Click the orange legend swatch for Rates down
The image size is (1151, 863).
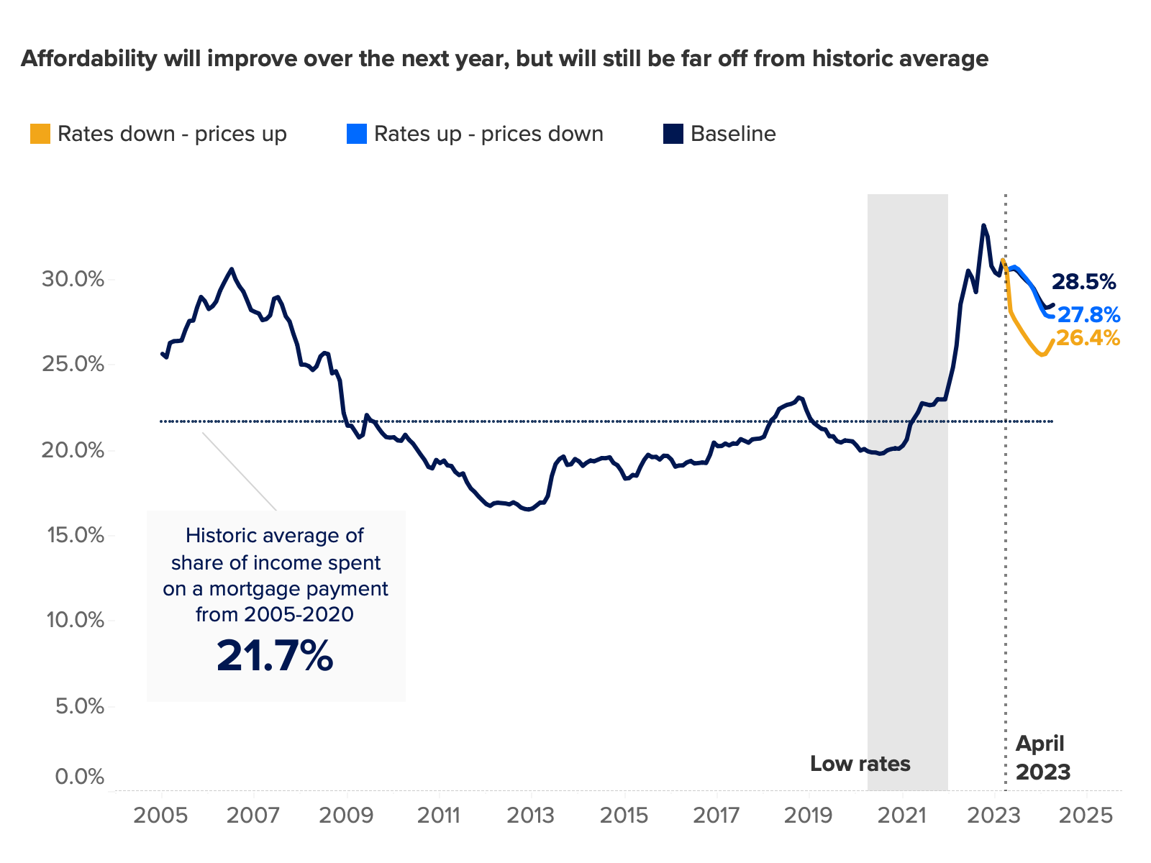40,134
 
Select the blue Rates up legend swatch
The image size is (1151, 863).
357,134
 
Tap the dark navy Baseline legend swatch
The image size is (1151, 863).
673,134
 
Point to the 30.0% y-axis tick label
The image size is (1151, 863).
73,279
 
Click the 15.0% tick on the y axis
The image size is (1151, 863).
73,535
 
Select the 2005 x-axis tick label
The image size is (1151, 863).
161,816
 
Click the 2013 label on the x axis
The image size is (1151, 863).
531,816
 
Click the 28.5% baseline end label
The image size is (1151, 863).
1083,282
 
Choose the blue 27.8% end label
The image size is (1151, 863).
1088,315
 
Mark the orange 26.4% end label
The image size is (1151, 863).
1088,338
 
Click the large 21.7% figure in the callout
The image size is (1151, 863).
275,656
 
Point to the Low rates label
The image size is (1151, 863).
860,763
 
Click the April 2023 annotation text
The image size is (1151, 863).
1042,758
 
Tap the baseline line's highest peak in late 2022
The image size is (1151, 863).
983,225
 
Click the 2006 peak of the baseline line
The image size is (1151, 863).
231,269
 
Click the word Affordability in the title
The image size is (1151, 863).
88,58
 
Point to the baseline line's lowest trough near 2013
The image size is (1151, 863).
529,509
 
